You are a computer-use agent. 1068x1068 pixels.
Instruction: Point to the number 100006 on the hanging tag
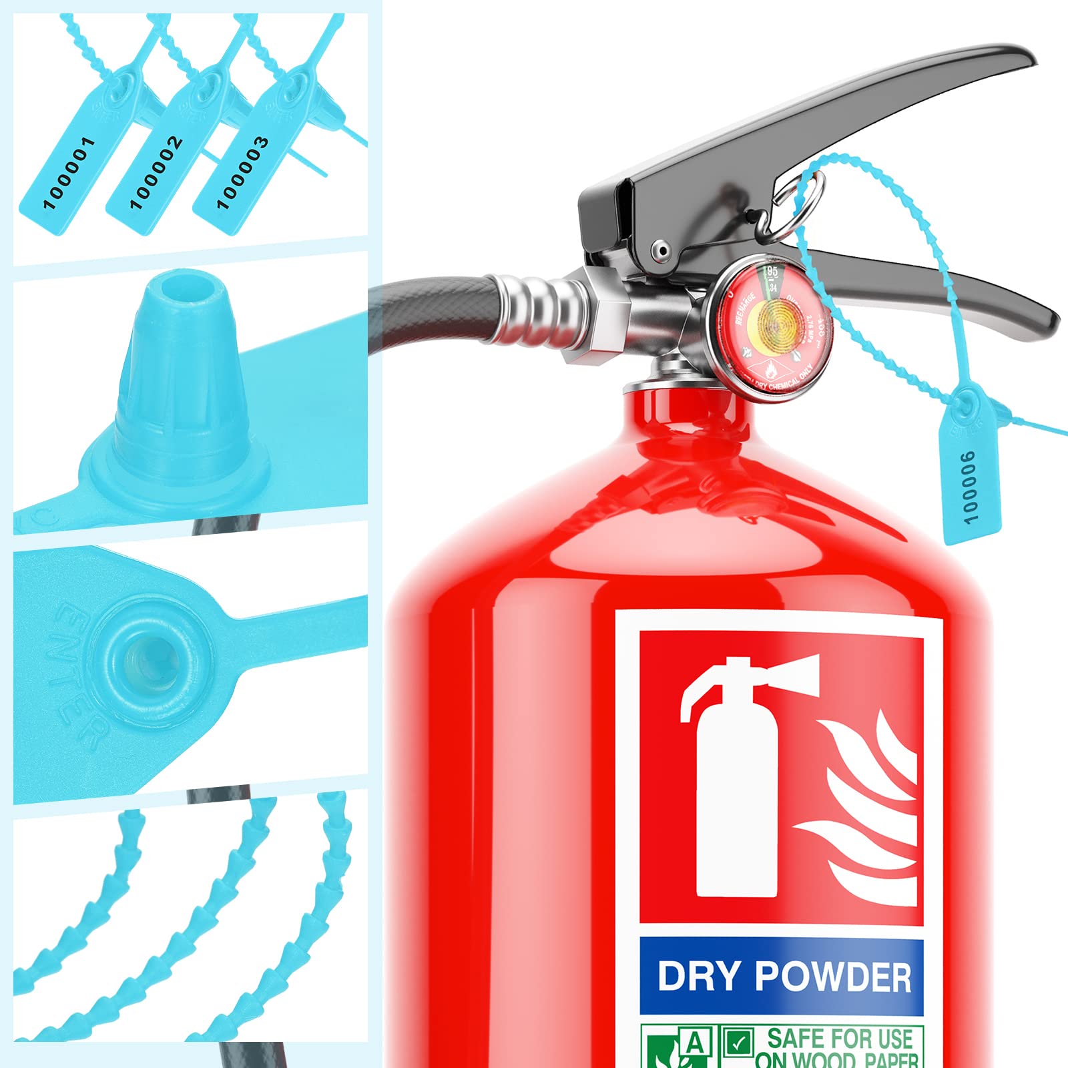point(969,486)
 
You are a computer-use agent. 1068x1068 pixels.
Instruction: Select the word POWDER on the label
point(834,977)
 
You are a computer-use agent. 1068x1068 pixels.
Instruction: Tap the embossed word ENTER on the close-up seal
point(80,674)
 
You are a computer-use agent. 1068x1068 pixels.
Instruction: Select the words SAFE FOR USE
point(839,1039)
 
